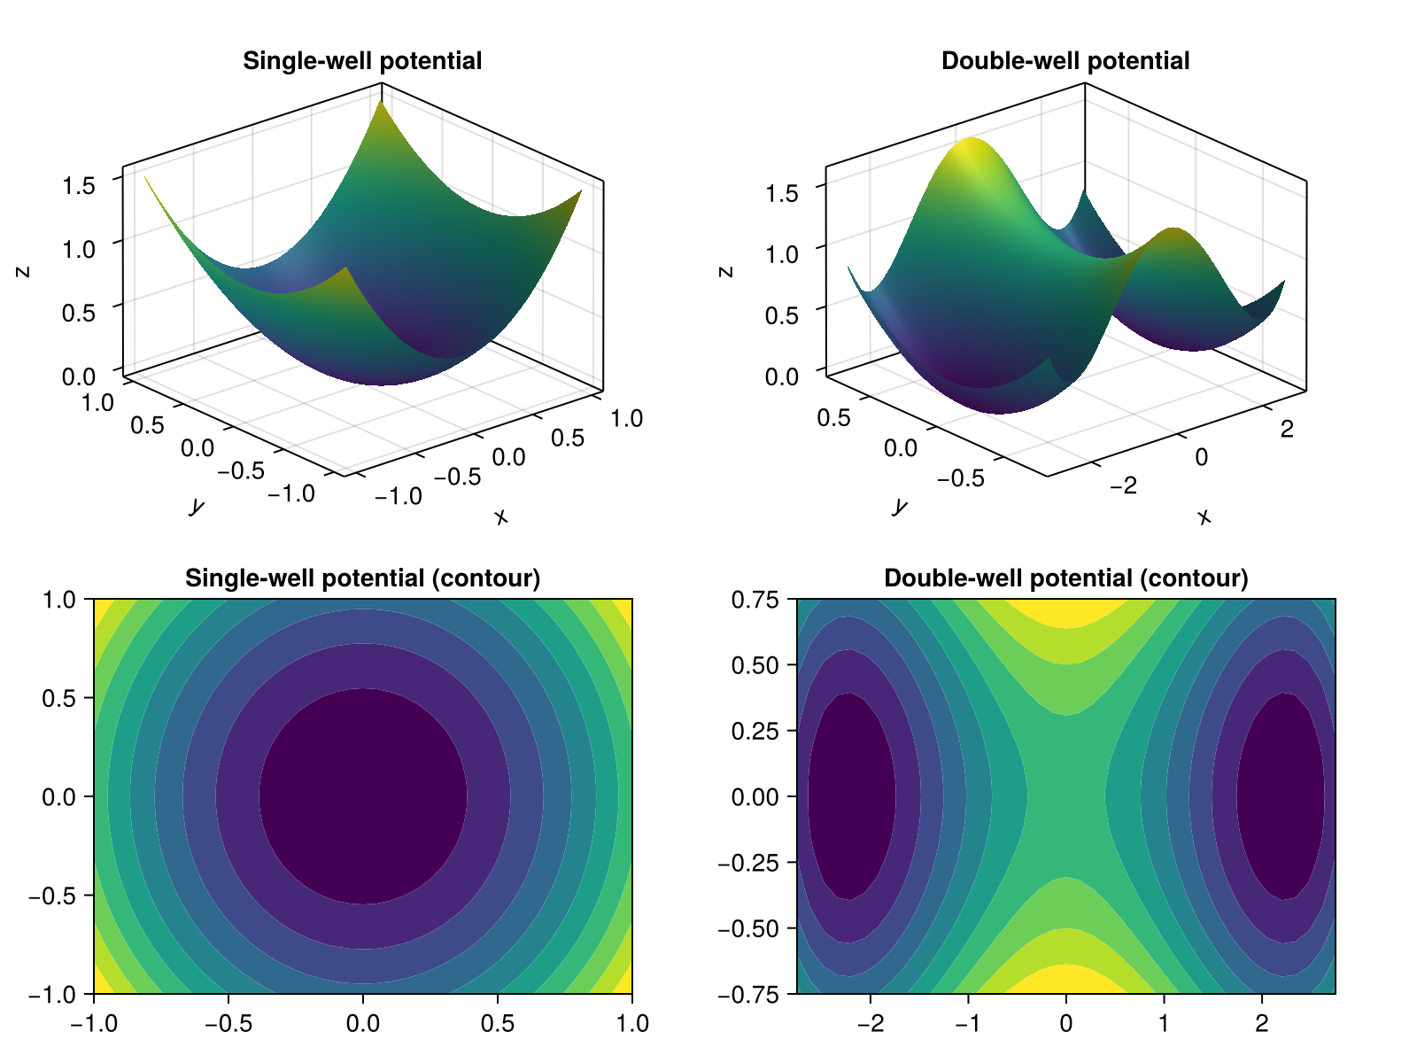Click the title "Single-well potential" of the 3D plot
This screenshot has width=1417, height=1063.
pyautogui.click(x=362, y=61)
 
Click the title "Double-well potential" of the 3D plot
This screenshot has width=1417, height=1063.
pyautogui.click(x=1065, y=61)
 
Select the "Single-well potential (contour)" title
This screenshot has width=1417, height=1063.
pyautogui.click(x=362, y=578)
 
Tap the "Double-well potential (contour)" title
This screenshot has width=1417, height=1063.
pyautogui.click(x=1065, y=578)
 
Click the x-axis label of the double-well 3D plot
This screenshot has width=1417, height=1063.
pyautogui.click(x=1204, y=516)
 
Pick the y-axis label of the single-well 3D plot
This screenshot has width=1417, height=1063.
pyautogui.click(x=197, y=506)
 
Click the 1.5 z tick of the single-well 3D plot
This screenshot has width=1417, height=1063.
pyautogui.click(x=79, y=186)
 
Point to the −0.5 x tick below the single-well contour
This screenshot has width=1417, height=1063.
pyautogui.click(x=228, y=1024)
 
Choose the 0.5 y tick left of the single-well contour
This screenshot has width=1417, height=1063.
pyautogui.click(x=58, y=698)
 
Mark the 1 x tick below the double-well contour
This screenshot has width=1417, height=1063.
pyautogui.click(x=1164, y=1024)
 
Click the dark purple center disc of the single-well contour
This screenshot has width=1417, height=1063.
pyautogui.click(x=363, y=796)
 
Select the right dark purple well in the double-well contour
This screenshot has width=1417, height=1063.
pyautogui.click(x=1281, y=796)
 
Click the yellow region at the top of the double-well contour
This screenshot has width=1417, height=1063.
pyautogui.click(x=1066, y=611)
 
